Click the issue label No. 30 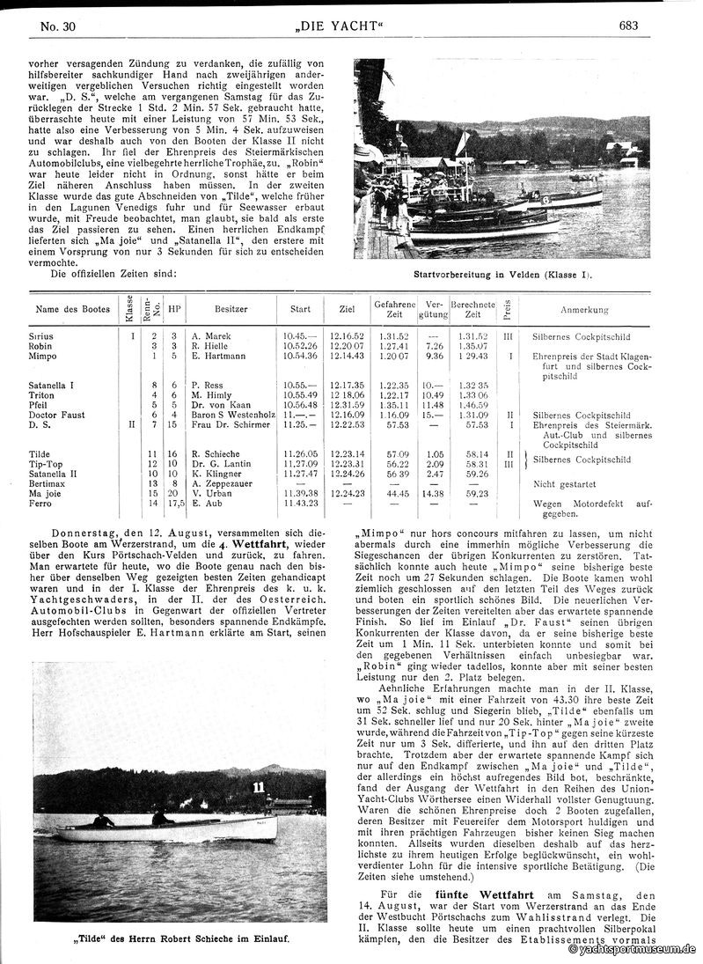[59, 26]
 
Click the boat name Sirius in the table [40, 336]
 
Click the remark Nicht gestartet [563, 484]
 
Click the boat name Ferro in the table [40, 504]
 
